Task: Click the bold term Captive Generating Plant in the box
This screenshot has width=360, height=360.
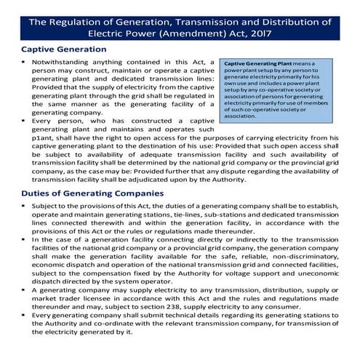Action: click(258, 64)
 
